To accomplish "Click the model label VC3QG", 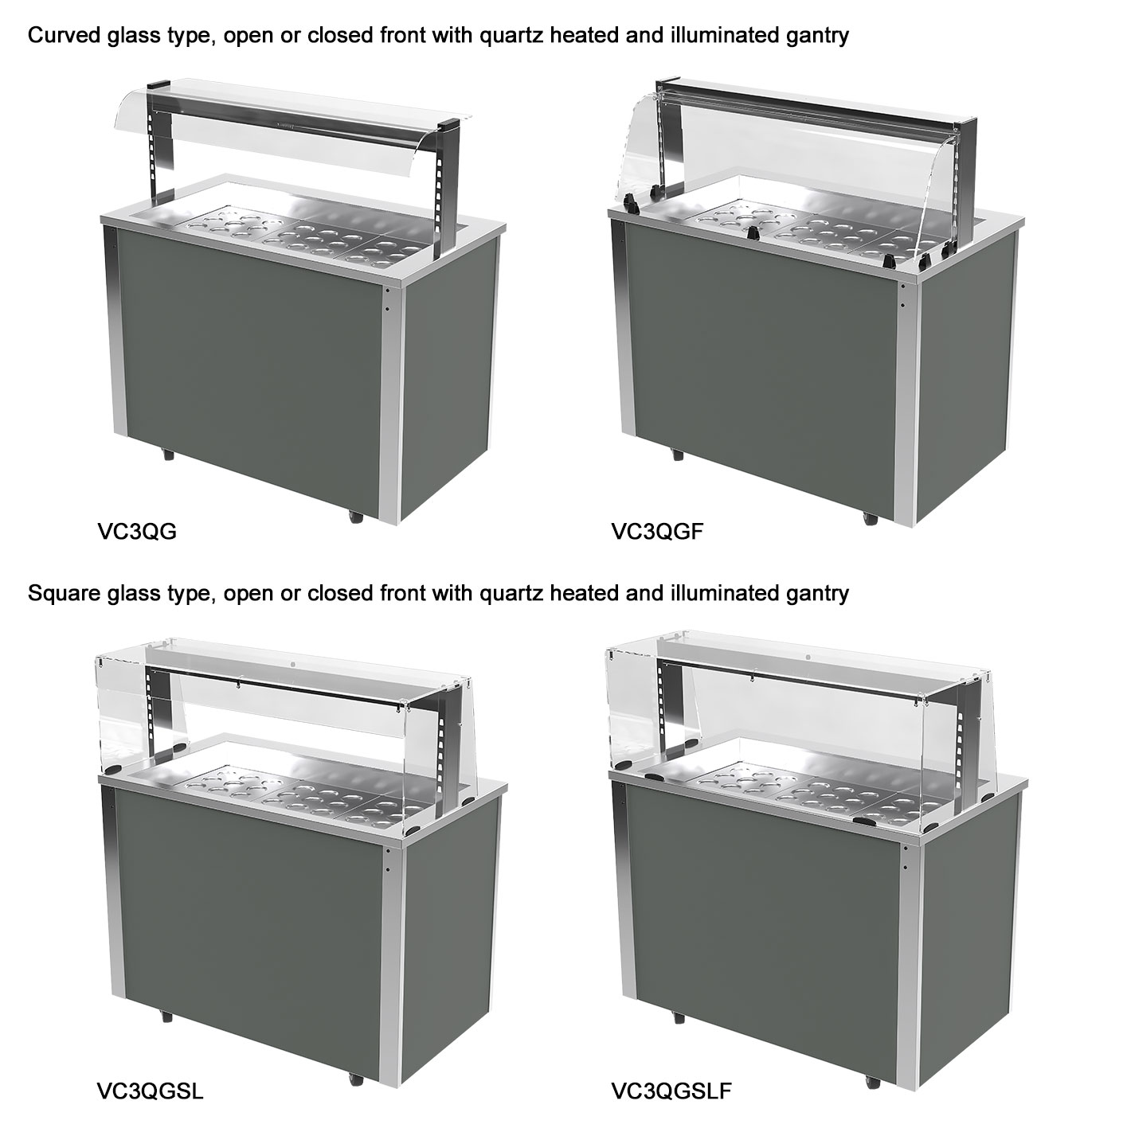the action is coord(136,531).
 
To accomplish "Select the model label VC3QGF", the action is coord(657,531).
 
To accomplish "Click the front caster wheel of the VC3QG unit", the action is coord(356,516).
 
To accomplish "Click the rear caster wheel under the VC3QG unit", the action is coord(167,455).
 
